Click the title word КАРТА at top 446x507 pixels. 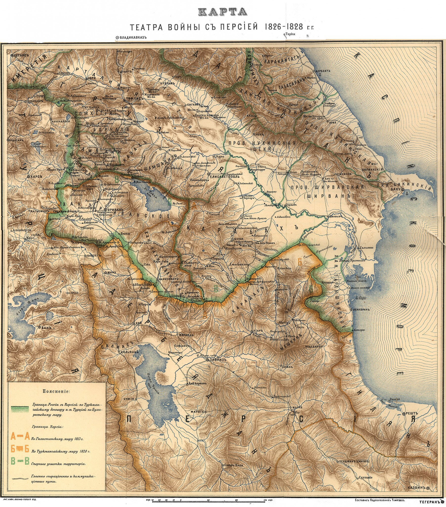(223, 12)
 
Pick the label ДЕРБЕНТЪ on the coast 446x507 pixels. (323, 71)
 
